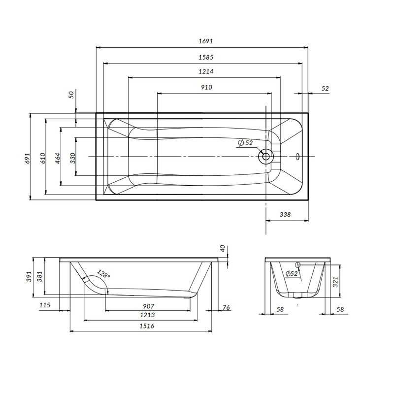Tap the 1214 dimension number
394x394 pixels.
(x=206, y=72)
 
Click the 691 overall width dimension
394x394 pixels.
(x=28, y=157)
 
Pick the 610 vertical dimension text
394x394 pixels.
(x=43, y=157)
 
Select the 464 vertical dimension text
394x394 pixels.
(x=58, y=157)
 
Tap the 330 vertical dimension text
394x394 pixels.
(x=72, y=157)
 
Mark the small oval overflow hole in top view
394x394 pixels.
(x=297, y=157)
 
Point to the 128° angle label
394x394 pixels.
(x=103, y=274)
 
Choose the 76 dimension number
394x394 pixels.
(x=226, y=308)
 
